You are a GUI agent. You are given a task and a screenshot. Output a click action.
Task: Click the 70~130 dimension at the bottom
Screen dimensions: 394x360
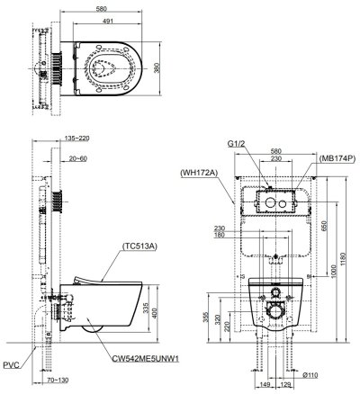coord(58,381)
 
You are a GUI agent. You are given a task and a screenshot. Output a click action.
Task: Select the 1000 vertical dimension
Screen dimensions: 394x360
coord(333,267)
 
